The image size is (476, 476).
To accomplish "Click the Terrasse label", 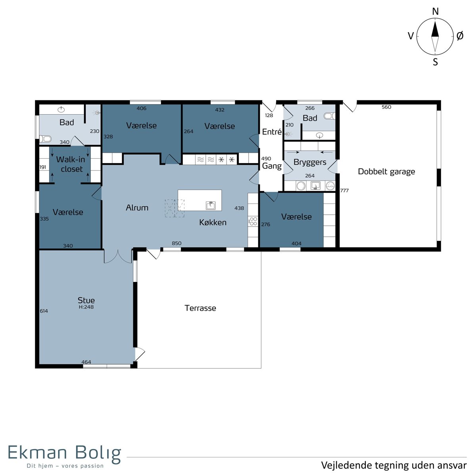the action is coord(200,308).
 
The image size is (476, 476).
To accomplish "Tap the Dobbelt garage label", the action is coord(386,172).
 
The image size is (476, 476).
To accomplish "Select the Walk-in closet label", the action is coord(71,164).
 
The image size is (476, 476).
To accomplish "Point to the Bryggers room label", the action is coord(310,163).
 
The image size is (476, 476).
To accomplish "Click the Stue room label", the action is coord(86,300).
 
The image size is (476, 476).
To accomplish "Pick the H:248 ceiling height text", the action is coord(86,307).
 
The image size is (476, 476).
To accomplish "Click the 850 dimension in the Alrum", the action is coord(177,243).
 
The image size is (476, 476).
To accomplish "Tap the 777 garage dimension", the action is coord(344,190).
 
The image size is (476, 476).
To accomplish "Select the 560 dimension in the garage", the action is coord(386,107).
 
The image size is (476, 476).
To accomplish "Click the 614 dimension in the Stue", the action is coord(44,311).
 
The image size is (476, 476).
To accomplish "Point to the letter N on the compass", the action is coord(435,12).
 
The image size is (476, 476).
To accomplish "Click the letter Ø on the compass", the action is coord(460,36).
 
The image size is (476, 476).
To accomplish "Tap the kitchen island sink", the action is coord(211,205).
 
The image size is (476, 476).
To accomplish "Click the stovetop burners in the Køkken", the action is coord(253,221).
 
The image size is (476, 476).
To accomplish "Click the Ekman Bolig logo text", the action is coord(65,453).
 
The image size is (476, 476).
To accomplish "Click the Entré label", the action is coord(272,132).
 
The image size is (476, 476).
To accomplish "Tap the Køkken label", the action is coord(213,222).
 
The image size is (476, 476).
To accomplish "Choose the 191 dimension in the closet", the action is coord(43,167).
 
